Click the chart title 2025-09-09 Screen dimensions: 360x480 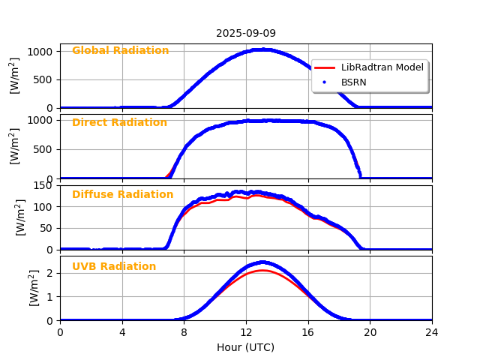click(246, 33)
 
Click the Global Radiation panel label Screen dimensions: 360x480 click(120, 51)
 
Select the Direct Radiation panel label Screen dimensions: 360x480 click(119, 123)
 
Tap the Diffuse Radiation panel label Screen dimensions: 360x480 click(122, 195)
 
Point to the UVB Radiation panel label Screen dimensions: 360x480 click(114, 267)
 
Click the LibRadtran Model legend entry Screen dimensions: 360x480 click(382, 67)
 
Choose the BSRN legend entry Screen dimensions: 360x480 click(353, 82)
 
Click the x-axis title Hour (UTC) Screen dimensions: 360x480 click(246, 347)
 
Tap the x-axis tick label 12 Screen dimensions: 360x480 click(246, 332)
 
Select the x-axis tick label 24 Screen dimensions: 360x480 click(432, 332)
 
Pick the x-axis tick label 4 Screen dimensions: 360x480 click(122, 332)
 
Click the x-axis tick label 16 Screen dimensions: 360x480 click(308, 332)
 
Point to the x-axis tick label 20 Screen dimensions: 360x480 click(370, 332)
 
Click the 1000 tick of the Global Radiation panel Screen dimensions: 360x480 click(40, 51)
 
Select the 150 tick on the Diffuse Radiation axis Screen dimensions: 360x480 click(44, 185)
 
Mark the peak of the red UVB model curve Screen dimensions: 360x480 click(262, 271)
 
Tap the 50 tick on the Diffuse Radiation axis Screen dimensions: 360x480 click(47, 228)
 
